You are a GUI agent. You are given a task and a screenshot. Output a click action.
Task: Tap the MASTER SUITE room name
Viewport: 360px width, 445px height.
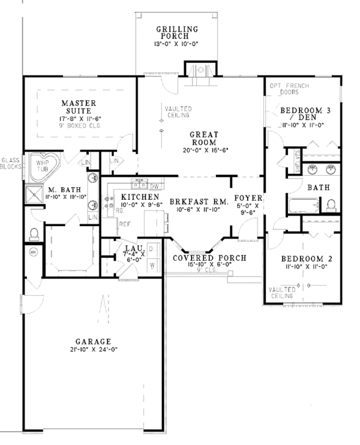tap(79, 107)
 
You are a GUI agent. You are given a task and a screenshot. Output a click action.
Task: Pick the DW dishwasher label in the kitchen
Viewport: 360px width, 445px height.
tap(154, 186)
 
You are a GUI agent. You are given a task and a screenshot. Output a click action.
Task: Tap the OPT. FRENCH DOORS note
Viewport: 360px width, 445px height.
tap(290, 90)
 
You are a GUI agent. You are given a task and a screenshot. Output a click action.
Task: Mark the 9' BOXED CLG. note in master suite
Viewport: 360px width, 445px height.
tap(79, 127)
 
